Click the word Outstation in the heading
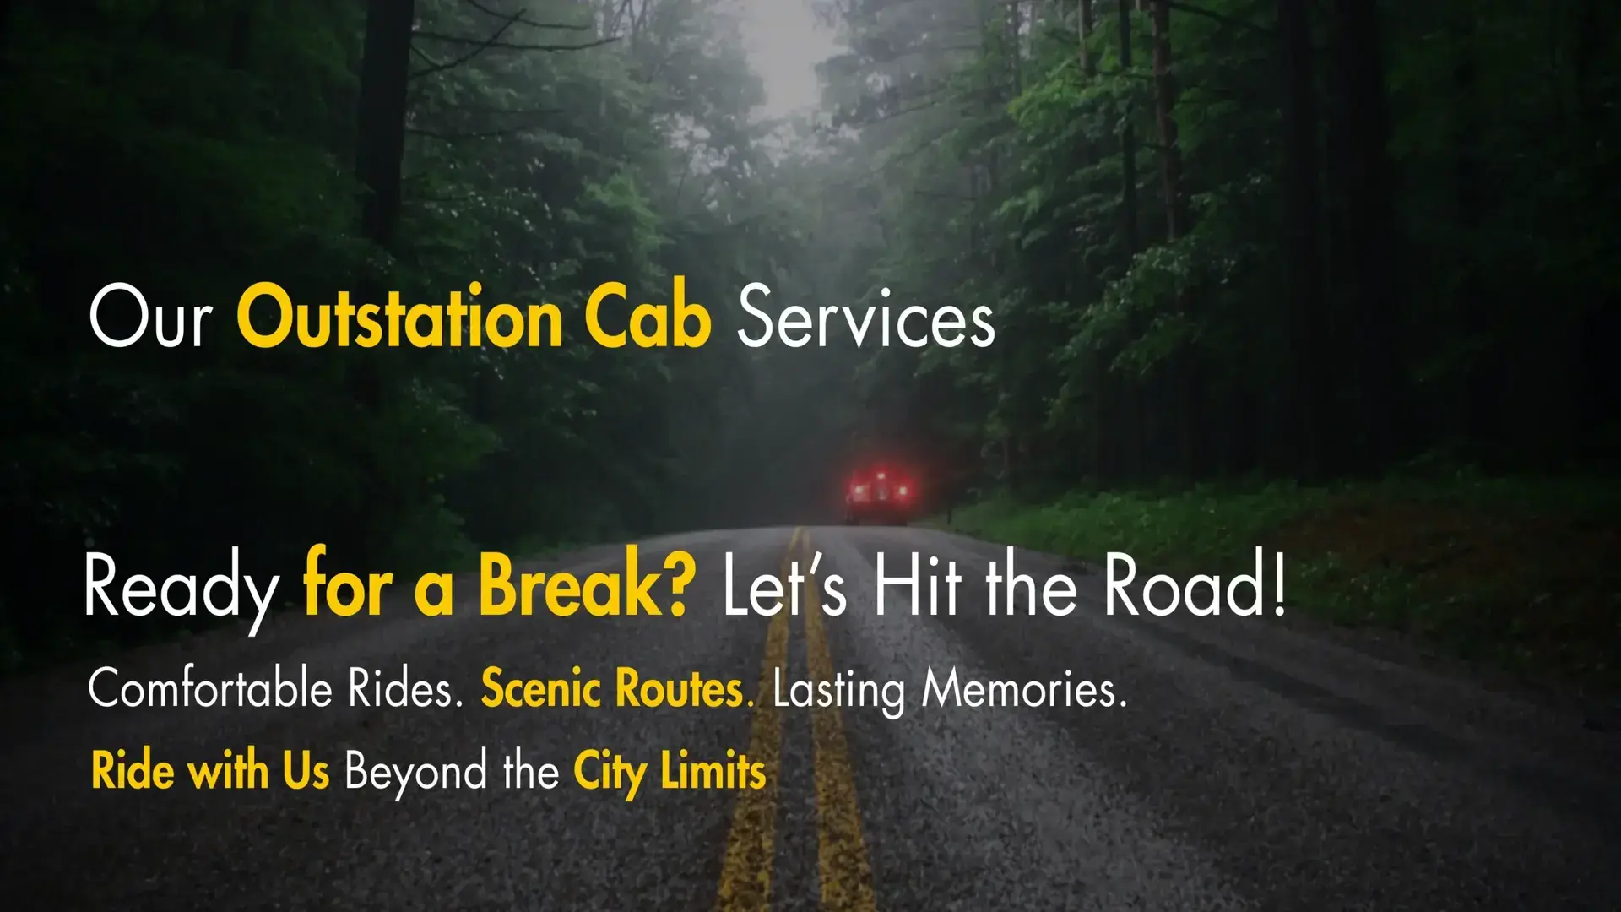(399, 318)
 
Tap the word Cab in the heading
(648, 318)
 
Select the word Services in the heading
(866, 318)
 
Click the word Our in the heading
(150, 318)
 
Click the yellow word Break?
(588, 584)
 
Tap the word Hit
(917, 584)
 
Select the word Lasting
(838, 691)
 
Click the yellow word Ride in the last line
(133, 770)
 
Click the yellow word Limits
(713, 770)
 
